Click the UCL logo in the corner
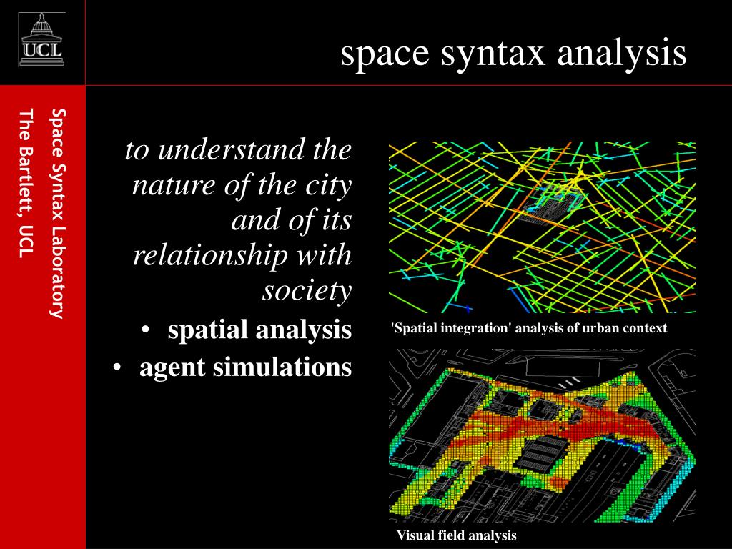point(41,41)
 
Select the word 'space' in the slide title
point(379,55)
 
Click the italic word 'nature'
point(169,186)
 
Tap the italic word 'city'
point(331,187)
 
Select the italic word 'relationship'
point(203,256)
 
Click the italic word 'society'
point(307,291)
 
